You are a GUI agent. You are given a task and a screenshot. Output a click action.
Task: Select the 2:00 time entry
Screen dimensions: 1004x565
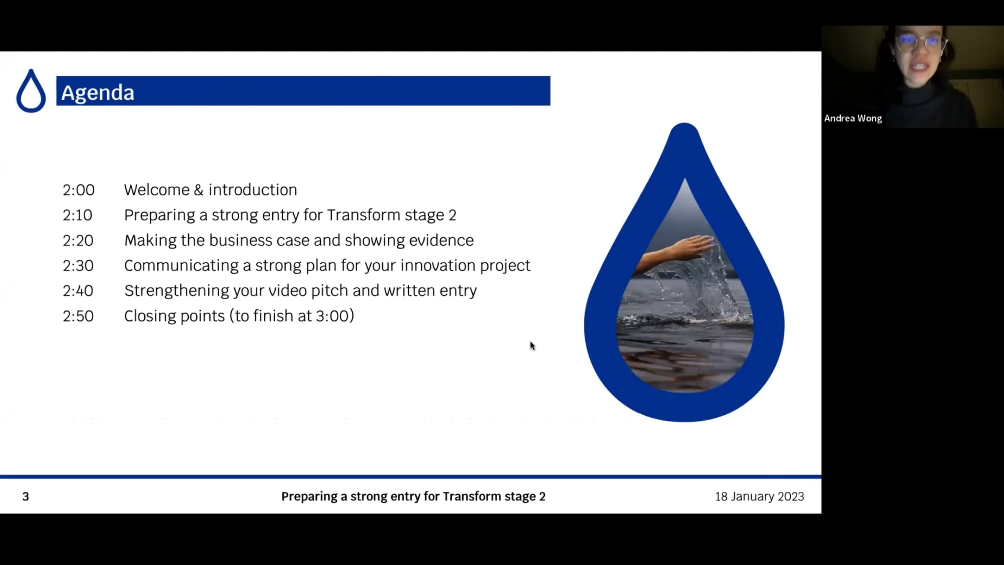[79, 190]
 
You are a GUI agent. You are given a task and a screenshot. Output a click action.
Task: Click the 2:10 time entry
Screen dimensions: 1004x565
[77, 215]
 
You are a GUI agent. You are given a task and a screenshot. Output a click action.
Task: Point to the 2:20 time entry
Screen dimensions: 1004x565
[78, 241]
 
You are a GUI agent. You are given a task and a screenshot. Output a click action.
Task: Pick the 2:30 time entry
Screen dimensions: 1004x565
[78, 266]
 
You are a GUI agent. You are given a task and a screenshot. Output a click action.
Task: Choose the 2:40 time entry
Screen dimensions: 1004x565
[78, 291]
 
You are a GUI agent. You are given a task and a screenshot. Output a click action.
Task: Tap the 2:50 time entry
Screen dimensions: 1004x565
[78, 316]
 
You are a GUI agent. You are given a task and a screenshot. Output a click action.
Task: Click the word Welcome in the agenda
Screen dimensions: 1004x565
[157, 190]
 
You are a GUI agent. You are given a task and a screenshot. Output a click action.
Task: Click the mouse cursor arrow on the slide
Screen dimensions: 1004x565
[532, 346]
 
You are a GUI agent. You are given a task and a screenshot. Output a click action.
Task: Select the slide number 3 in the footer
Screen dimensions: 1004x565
[26, 497]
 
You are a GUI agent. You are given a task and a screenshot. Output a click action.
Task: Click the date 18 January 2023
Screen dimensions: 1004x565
[759, 497]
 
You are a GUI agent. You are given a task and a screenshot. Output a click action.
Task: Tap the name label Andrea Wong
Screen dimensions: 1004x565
[853, 118]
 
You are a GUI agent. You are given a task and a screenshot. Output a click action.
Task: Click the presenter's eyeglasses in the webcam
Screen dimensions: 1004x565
[920, 42]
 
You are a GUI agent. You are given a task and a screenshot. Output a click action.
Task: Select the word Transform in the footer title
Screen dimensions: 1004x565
[472, 497]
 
